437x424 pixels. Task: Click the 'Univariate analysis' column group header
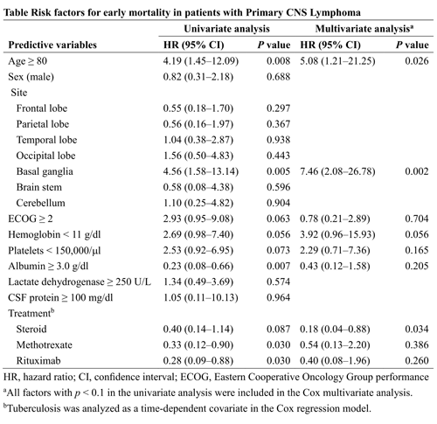(x=226, y=29)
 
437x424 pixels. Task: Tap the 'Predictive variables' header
(x=52, y=45)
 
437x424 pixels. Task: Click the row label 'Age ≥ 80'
(x=28, y=61)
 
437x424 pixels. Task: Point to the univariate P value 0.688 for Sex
(x=278, y=77)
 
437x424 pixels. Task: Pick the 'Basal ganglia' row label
(x=45, y=171)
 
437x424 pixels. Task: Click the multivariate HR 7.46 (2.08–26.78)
(x=337, y=171)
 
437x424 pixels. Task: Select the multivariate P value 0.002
(x=417, y=171)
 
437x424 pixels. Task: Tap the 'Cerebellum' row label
(x=40, y=203)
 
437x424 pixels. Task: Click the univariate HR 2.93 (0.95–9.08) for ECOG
(x=198, y=219)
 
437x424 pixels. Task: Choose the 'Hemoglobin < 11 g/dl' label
(x=54, y=234)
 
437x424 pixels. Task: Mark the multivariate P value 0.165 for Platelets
(x=417, y=250)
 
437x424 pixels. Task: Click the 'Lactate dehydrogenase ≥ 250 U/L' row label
(x=80, y=282)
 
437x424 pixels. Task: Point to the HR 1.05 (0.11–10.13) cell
(x=200, y=297)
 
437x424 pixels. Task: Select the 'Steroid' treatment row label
(x=31, y=329)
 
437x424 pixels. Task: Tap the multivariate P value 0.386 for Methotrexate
(x=417, y=344)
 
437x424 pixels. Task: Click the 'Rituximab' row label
(x=38, y=361)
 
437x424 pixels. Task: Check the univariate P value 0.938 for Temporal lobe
(x=278, y=140)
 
